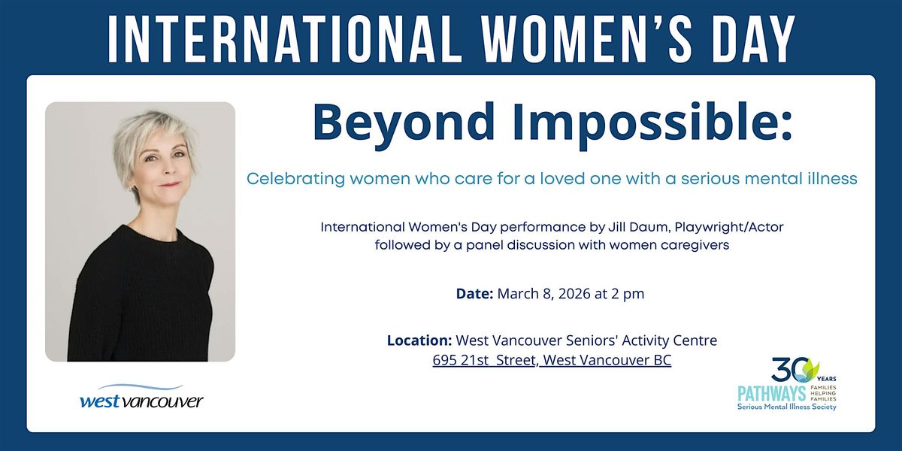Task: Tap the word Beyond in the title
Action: [x=403, y=123]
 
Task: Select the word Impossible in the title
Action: [x=648, y=123]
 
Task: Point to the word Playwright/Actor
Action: [x=729, y=228]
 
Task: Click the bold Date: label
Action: [x=475, y=294]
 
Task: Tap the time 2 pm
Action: [x=628, y=294]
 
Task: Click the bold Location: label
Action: [x=419, y=341]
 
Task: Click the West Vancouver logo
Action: [x=142, y=397]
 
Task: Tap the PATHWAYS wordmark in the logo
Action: [x=771, y=393]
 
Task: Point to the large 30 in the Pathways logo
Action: [x=790, y=370]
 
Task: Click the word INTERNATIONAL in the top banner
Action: [x=285, y=39]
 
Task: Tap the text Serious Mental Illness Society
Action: [x=787, y=407]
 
